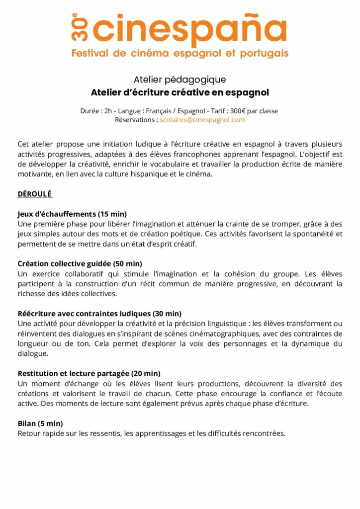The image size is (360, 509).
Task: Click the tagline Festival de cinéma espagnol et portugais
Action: point(180,53)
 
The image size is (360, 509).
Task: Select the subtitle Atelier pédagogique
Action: point(180,80)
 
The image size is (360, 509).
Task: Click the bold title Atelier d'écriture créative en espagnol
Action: point(180,92)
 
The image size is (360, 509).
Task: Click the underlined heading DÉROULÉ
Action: point(35,194)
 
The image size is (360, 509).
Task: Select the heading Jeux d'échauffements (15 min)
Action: point(72,214)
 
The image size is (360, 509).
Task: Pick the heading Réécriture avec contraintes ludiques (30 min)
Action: point(99,314)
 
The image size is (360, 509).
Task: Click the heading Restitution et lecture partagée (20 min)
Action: point(89,373)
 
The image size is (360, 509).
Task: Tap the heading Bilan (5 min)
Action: point(40,424)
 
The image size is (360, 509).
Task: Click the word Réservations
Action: point(136,120)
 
